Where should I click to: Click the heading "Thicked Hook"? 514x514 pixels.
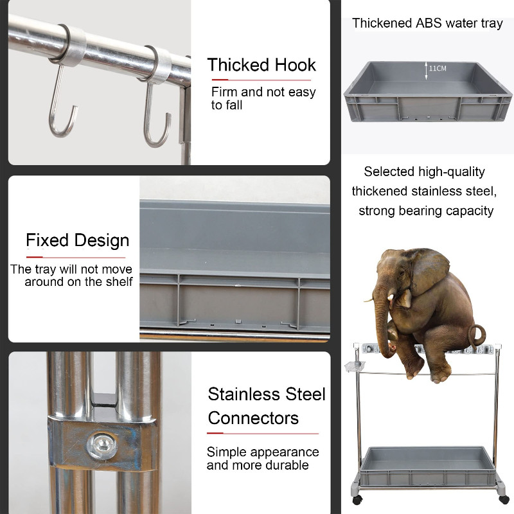point(261,65)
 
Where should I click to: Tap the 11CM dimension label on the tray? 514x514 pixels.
point(438,69)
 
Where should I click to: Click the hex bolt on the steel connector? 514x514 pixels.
point(102,445)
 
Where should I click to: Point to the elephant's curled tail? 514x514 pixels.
point(476,336)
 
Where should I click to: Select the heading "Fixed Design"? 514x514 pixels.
point(77,240)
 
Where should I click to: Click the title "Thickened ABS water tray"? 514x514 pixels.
point(427,23)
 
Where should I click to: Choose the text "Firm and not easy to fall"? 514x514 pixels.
point(263,98)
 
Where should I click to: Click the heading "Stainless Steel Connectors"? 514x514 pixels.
point(266,406)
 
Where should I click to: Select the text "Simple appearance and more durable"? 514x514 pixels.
point(263,458)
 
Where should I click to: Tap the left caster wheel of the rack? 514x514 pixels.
point(357,500)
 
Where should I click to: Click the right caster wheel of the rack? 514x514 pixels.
point(504,499)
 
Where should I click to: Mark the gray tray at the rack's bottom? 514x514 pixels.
point(427,466)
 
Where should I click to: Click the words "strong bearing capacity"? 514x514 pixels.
point(426,211)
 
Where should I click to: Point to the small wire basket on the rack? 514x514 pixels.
point(355,366)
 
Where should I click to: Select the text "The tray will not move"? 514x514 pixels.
point(71,269)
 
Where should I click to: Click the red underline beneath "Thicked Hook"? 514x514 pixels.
point(261,80)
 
